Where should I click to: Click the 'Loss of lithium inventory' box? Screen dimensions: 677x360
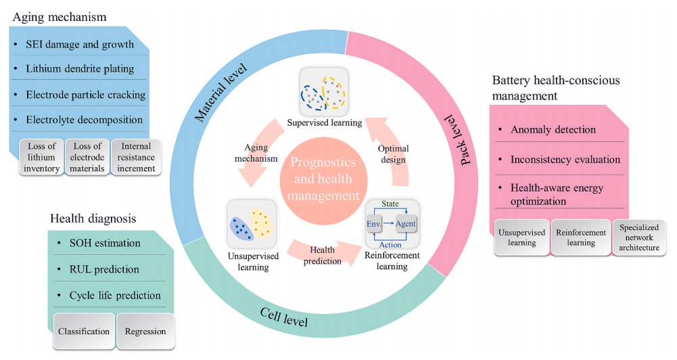[41, 157]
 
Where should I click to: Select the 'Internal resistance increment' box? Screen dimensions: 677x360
[136, 157]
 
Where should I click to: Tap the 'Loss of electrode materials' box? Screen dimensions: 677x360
[87, 157]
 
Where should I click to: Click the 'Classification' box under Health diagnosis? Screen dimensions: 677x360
[84, 331]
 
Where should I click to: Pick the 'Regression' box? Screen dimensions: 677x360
[145, 331]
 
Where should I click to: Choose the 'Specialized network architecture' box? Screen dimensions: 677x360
[639, 238]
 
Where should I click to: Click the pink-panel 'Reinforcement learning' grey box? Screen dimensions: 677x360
[581, 238]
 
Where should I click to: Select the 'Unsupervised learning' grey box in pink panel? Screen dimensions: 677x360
[521, 238]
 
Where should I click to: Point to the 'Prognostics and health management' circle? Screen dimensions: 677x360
[323, 179]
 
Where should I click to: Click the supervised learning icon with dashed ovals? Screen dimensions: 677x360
[324, 92]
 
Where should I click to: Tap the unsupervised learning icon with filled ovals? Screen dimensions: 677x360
[252, 224]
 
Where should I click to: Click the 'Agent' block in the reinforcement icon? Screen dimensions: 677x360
[405, 223]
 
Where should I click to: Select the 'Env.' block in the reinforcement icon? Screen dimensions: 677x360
[374, 223]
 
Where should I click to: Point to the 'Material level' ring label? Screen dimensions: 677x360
[220, 92]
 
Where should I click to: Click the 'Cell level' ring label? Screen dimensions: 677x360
[283, 317]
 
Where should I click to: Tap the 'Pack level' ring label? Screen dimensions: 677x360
[460, 139]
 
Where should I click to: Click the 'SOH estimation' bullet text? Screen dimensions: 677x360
[105, 243]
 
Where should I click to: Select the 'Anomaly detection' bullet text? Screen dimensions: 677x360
[553, 129]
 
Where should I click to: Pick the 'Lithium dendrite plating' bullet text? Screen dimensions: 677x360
[80, 69]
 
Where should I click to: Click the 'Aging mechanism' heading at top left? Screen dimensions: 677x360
[60, 17]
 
